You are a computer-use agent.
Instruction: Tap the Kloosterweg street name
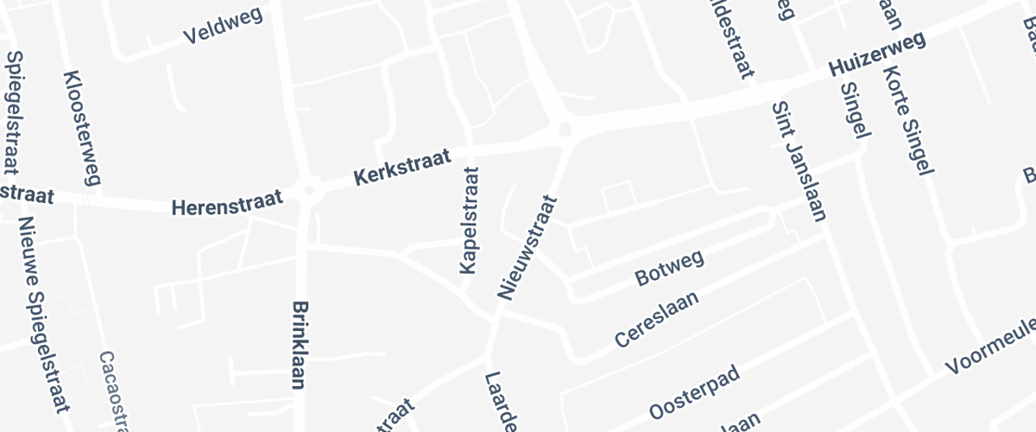coord(83,128)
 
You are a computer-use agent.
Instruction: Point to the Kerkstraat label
coord(403,168)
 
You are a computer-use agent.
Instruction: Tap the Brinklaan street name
coord(300,345)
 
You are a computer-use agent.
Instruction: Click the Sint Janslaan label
coord(798,161)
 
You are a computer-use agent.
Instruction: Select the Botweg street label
coord(670,267)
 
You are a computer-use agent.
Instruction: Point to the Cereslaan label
coord(656,320)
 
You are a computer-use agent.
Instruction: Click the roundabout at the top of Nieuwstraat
coord(565,130)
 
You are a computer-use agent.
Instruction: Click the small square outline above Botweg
coord(617,198)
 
